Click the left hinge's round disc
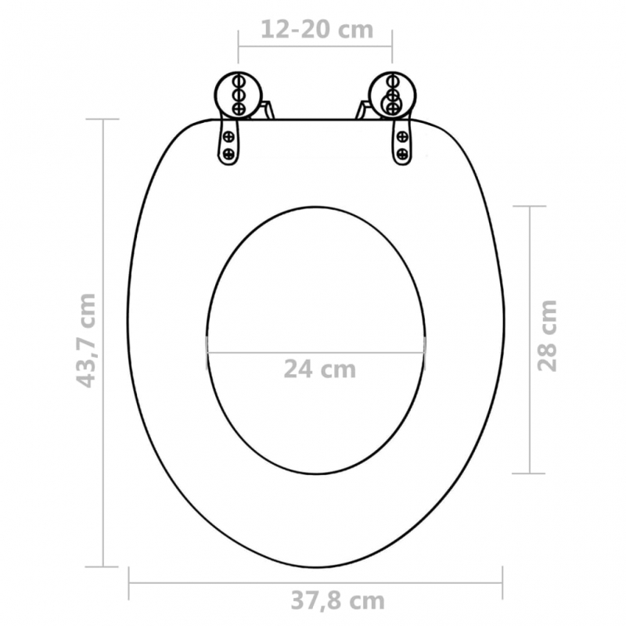(x=239, y=94)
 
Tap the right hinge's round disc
(x=390, y=94)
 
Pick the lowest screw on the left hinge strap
(x=229, y=153)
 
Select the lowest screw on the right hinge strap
(x=402, y=153)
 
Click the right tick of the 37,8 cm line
(x=502, y=581)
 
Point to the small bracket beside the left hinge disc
(x=266, y=109)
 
